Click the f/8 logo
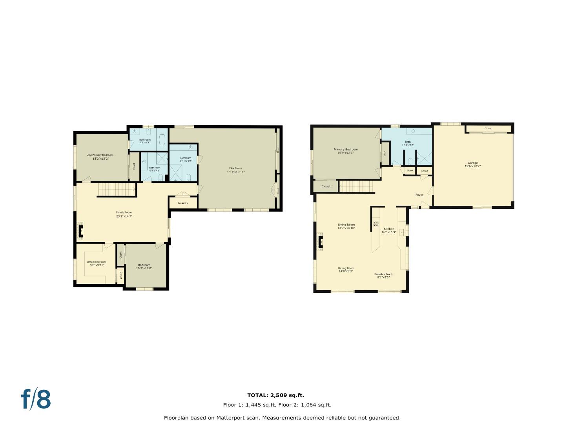(x=36, y=399)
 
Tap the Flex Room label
(x=235, y=168)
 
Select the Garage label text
(x=472, y=163)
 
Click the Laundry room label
(x=183, y=203)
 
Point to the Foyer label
(x=419, y=195)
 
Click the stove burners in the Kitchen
(x=375, y=225)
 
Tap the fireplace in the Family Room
(x=80, y=231)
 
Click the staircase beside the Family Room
(x=117, y=189)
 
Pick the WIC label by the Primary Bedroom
(x=385, y=153)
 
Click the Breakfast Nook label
(x=383, y=274)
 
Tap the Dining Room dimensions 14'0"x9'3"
(x=346, y=271)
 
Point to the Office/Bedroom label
(x=97, y=262)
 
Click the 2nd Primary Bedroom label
(x=100, y=155)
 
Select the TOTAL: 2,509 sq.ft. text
(x=275, y=395)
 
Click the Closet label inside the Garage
(x=488, y=128)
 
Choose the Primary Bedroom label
(x=346, y=150)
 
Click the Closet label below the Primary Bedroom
(x=326, y=186)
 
